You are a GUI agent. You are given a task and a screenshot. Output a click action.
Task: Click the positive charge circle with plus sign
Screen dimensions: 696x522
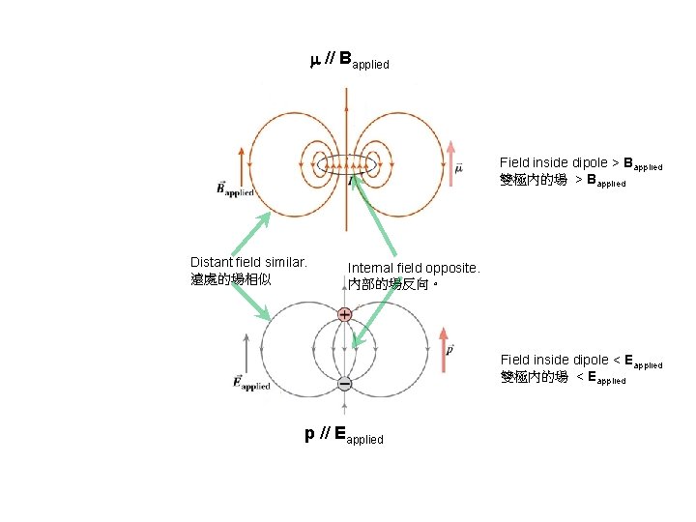point(344,314)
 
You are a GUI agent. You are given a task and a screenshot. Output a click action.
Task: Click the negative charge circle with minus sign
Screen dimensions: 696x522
point(344,384)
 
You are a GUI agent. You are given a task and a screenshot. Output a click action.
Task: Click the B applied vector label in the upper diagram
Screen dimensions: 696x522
point(235,188)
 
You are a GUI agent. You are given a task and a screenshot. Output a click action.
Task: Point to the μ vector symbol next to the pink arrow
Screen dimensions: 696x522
point(458,168)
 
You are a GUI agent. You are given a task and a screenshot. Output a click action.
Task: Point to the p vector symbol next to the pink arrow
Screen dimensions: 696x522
point(451,349)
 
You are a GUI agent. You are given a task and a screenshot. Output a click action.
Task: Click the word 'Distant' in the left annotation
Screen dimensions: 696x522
point(211,262)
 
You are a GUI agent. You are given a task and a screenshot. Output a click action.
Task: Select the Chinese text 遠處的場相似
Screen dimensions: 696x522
point(231,278)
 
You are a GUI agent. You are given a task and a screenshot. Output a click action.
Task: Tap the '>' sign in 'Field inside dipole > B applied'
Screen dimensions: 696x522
point(616,162)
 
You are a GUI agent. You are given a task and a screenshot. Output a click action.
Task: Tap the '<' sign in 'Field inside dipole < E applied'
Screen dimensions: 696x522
point(616,360)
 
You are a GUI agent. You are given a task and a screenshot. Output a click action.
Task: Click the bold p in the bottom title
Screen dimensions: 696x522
point(309,434)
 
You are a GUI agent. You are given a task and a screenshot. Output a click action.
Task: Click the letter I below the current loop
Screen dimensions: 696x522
point(350,180)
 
